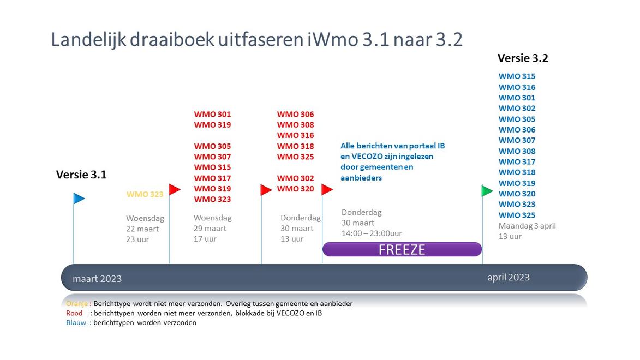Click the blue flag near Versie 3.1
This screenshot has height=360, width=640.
tap(79, 199)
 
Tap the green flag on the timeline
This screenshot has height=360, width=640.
tap(487, 190)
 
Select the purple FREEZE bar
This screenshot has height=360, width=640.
tap(402, 249)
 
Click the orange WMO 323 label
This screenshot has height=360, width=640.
tap(145, 194)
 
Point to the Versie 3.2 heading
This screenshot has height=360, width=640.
tap(523, 58)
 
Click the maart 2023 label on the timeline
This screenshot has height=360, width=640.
tap(97, 279)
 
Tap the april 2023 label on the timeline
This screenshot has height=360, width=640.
tap(509, 278)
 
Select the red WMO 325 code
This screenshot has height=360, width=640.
tap(296, 157)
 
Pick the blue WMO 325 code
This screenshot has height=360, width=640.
tap(517, 215)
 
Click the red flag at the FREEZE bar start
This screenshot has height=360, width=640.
tap(327, 189)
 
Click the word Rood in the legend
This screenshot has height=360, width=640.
tap(74, 313)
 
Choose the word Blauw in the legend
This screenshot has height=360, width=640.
tap(76, 322)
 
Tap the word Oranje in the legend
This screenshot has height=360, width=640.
tap(77, 304)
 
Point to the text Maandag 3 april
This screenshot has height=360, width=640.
tap(528, 226)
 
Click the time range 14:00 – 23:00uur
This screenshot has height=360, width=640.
tap(372, 233)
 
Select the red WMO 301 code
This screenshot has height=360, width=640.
tap(212, 115)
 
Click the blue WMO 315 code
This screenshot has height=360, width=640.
tap(517, 76)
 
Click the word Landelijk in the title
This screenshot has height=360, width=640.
tap(88, 40)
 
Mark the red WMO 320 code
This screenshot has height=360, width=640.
tap(296, 189)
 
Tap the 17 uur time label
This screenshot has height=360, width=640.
tap(205, 239)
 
